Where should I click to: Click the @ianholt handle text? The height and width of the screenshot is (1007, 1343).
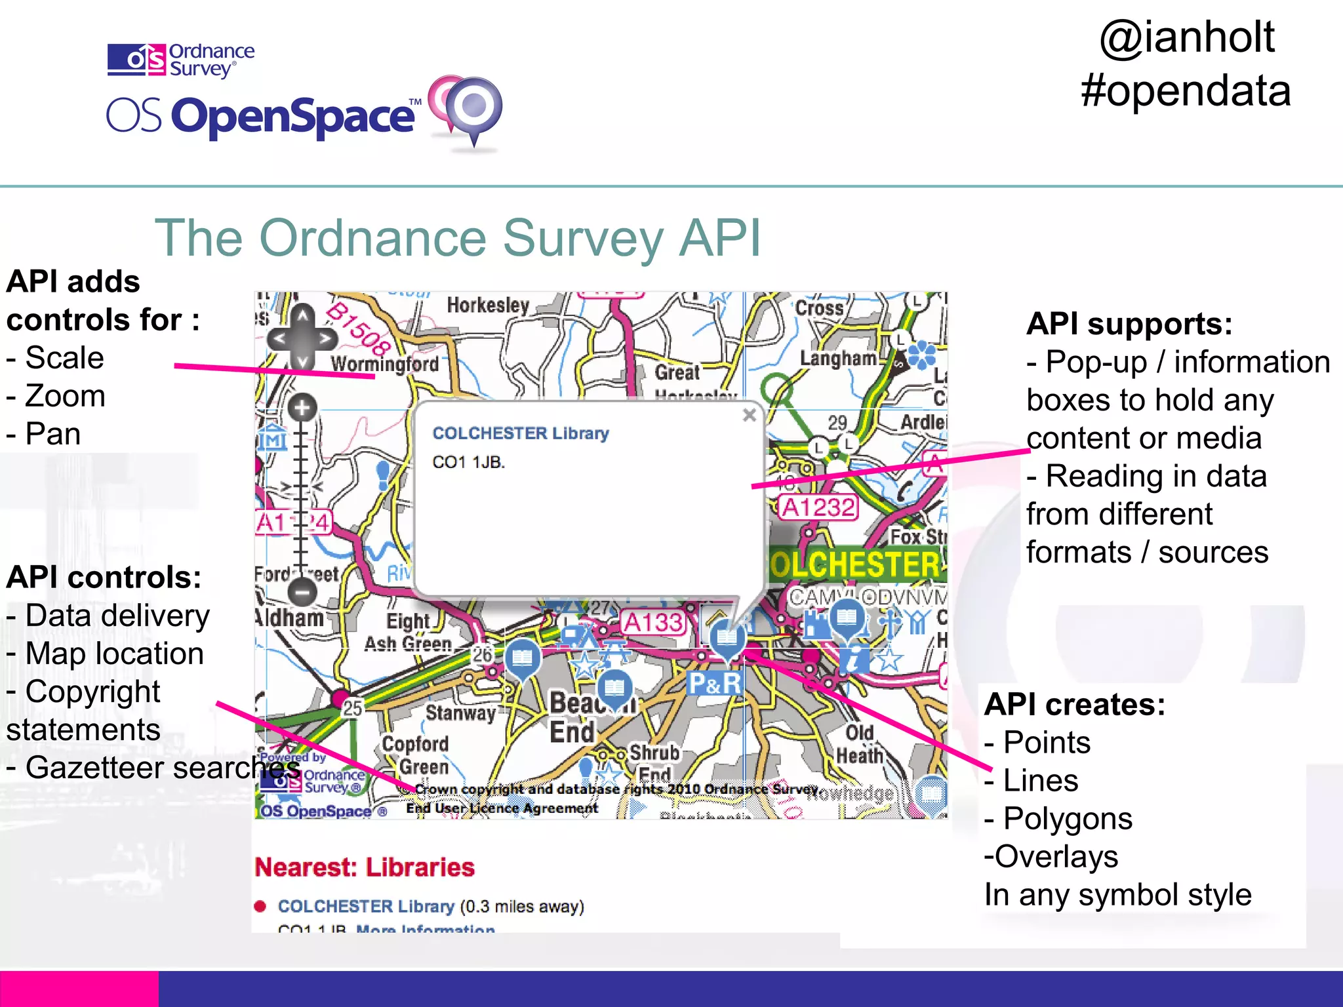[1187, 37]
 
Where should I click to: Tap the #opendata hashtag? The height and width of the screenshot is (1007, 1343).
[1186, 90]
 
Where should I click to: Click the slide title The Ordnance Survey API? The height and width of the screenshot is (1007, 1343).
[458, 238]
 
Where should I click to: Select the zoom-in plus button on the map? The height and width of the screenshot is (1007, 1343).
[302, 408]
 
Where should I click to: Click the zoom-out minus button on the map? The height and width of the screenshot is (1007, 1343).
[302, 592]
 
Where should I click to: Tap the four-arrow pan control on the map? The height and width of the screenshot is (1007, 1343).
[302, 338]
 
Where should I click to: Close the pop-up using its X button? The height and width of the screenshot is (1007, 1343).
[750, 415]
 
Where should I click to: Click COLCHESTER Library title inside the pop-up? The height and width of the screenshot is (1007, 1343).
[521, 433]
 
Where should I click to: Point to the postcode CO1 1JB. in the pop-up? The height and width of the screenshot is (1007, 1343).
[469, 462]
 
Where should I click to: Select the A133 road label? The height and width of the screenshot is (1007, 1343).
[653, 622]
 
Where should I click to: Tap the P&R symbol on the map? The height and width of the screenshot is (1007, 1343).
[715, 684]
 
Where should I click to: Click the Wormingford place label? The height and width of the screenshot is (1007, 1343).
[384, 364]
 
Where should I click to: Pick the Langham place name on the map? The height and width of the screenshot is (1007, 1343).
[837, 359]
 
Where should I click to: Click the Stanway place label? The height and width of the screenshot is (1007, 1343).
[460, 713]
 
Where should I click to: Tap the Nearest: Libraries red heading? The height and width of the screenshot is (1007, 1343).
[365, 867]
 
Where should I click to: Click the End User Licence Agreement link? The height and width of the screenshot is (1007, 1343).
[502, 808]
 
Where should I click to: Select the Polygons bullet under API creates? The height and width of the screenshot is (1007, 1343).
[1067, 819]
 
